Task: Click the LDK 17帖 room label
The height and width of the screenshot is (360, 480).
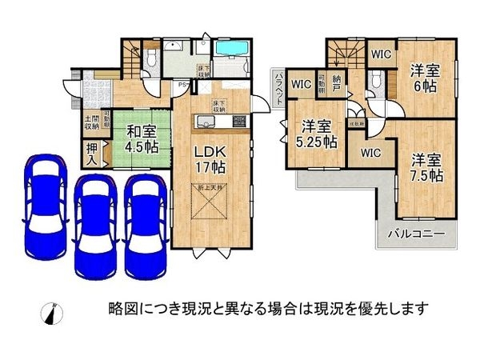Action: [209, 158]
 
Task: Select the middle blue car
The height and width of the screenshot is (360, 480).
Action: [96, 224]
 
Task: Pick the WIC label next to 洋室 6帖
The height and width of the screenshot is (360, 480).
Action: [381, 54]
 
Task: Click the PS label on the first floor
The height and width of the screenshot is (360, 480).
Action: [182, 85]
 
